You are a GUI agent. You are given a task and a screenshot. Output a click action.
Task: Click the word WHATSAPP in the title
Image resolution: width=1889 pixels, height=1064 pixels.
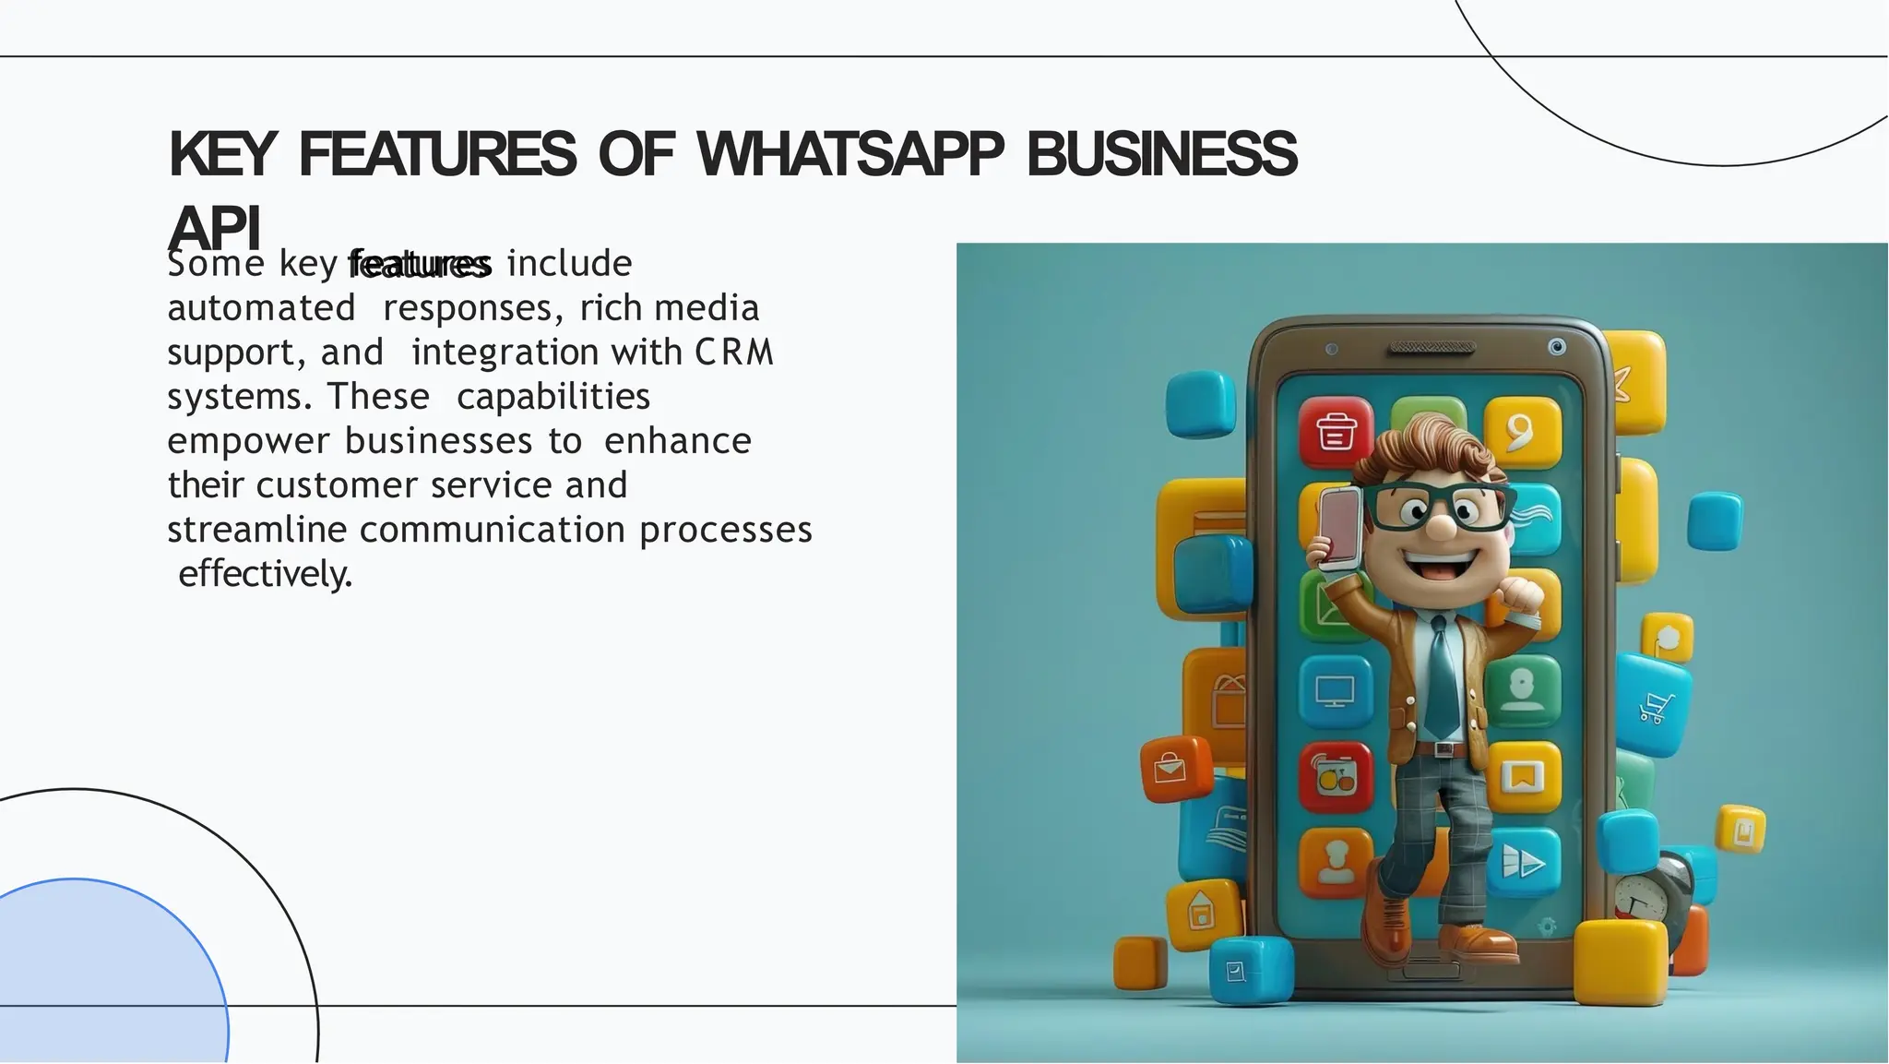coord(849,154)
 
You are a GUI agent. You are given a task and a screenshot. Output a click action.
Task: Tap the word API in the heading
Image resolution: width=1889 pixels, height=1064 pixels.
coord(214,228)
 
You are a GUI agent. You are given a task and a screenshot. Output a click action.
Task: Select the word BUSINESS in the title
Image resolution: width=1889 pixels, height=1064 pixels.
coord(1161,154)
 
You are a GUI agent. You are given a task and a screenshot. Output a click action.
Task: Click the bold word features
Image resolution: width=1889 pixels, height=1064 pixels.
coord(420,265)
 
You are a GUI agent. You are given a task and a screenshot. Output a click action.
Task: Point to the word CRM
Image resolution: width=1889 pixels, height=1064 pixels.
coord(734,353)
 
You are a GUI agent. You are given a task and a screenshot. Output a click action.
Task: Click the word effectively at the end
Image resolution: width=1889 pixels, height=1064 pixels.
coord(265,574)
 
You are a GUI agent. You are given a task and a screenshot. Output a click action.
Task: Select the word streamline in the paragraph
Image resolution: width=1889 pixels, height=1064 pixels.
coord(256,530)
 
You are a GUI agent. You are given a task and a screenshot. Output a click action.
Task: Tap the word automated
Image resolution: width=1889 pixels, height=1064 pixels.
coord(261,308)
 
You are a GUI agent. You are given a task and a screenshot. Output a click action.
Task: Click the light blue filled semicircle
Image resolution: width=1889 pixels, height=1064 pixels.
coord(101,978)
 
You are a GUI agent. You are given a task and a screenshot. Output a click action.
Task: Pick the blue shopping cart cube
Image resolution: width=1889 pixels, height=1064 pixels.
coord(1654,704)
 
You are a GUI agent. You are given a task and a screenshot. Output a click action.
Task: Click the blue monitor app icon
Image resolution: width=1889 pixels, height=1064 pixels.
coord(1335,690)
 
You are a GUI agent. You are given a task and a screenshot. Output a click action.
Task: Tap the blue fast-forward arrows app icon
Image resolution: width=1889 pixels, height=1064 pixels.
coord(1523,863)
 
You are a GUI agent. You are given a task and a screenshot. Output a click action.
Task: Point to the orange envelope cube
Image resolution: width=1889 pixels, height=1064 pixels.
coord(1175,768)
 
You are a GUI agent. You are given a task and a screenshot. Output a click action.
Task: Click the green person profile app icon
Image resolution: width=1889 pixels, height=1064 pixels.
coord(1522,690)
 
